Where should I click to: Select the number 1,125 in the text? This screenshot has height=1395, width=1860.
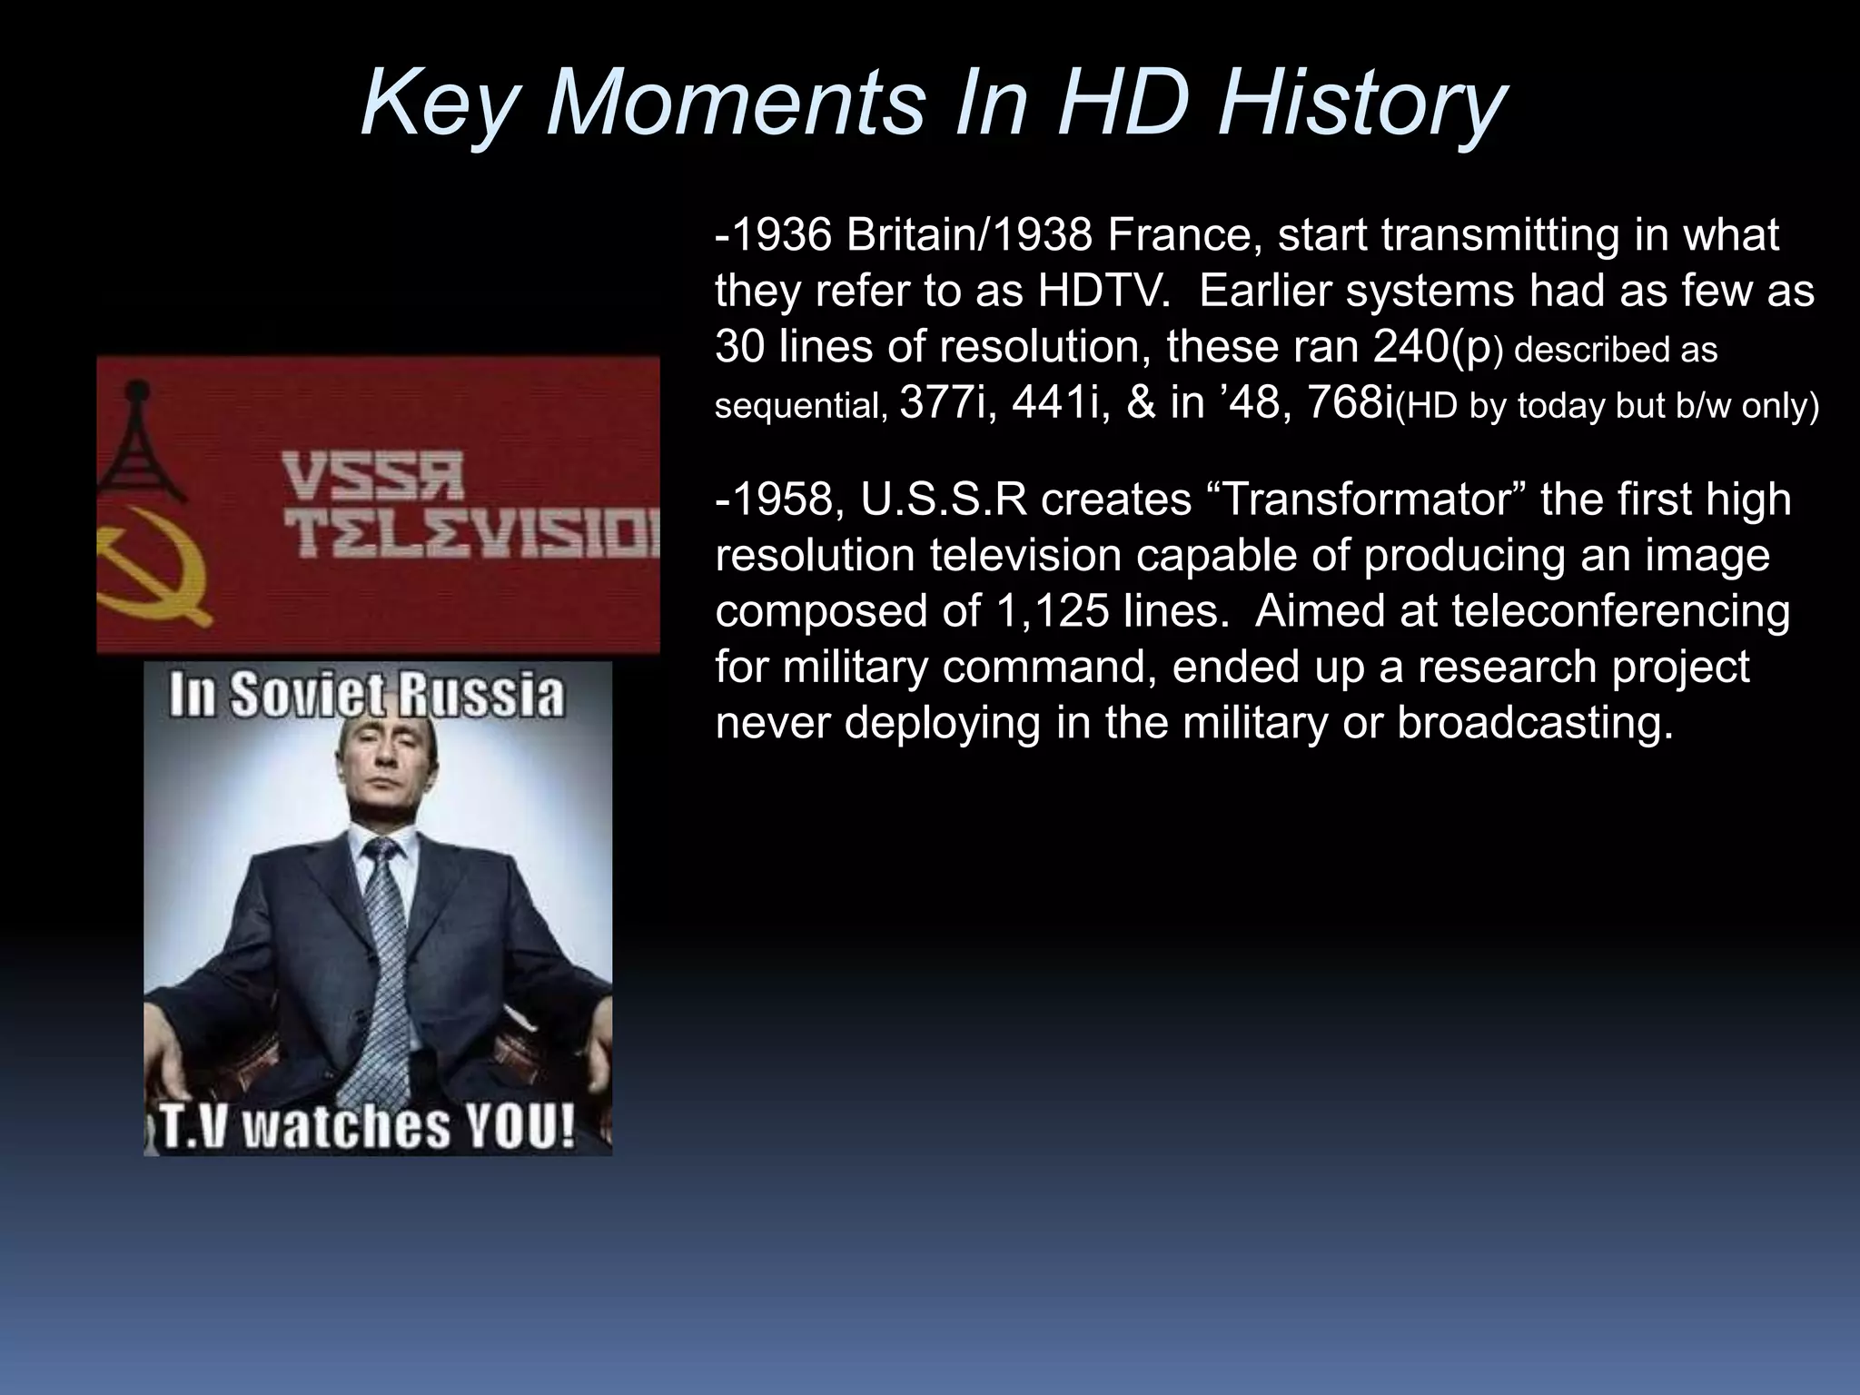pos(1053,611)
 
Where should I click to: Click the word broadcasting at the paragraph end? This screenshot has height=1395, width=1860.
pos(1534,722)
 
